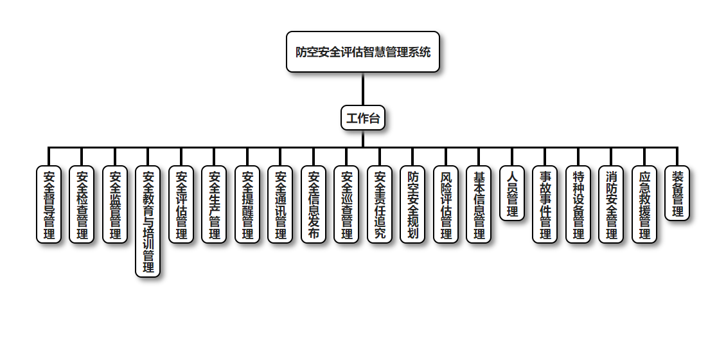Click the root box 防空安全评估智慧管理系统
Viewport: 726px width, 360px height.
pyautogui.click(x=363, y=51)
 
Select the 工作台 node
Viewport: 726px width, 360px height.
pyautogui.click(x=363, y=118)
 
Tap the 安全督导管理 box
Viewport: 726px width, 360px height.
pyautogui.click(x=49, y=204)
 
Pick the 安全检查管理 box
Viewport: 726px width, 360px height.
pyautogui.click(x=82, y=204)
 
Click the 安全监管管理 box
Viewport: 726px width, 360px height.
pyautogui.click(x=115, y=204)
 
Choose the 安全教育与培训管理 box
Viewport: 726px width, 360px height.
pyautogui.click(x=148, y=222)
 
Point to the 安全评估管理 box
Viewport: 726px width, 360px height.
pyautogui.click(x=181, y=204)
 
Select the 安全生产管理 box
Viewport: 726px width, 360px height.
pyautogui.click(x=214, y=204)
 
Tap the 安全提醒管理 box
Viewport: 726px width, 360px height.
pyautogui.click(x=247, y=204)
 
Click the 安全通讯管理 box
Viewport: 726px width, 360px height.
pyautogui.click(x=280, y=204)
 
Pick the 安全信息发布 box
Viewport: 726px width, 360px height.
pyautogui.click(x=314, y=204)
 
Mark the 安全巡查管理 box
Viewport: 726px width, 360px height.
pyautogui.click(x=346, y=204)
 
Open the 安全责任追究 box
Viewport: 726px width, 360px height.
pyautogui.click(x=380, y=204)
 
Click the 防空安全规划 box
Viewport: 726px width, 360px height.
pyautogui.click(x=412, y=204)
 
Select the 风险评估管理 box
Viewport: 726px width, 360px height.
pyautogui.click(x=446, y=204)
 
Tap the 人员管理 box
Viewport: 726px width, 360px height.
pyautogui.click(x=512, y=194)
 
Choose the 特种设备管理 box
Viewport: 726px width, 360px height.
pyautogui.click(x=578, y=204)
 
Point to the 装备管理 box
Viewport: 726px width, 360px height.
pyautogui.click(x=677, y=194)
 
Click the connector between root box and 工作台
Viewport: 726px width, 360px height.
pyautogui.click(x=363, y=89)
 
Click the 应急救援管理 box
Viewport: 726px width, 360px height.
pyautogui.click(x=644, y=204)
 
